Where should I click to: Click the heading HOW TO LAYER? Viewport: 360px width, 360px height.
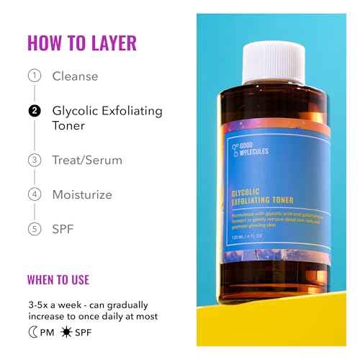pos(81,42)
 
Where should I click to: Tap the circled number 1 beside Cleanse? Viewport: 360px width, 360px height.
pos(34,76)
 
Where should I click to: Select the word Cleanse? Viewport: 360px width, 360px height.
pos(75,76)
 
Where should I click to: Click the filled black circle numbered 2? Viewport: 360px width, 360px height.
pos(34,111)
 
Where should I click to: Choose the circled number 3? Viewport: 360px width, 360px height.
pos(34,161)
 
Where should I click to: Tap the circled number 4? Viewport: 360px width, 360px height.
pos(34,194)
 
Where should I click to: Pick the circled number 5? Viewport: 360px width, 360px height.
pos(34,230)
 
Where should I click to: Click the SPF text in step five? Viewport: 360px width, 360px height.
pos(64,230)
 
